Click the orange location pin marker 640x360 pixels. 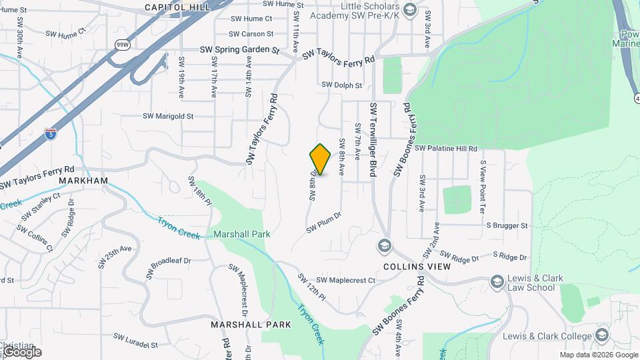tap(321, 159)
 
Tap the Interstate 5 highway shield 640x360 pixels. tap(51, 133)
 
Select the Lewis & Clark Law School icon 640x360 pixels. tap(496, 282)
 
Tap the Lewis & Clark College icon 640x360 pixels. tap(603, 335)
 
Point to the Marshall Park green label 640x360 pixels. tap(241, 235)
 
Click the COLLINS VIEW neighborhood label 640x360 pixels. tap(417, 266)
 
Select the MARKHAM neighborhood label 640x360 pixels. tap(83, 181)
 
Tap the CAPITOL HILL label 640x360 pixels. tap(177, 7)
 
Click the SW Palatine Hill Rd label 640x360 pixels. tap(447, 149)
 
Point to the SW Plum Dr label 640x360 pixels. tap(324, 223)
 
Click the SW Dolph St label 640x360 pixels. tap(341, 85)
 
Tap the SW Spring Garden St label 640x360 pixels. tap(239, 50)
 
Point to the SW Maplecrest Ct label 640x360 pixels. tap(346, 280)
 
